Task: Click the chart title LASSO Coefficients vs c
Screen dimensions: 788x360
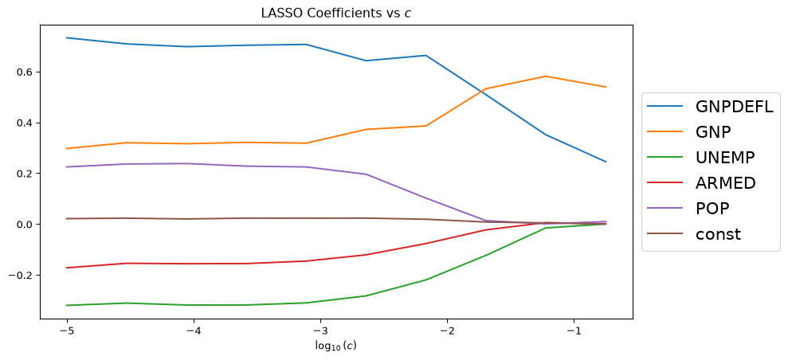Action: pos(336,14)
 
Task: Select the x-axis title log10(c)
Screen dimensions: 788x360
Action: pos(336,346)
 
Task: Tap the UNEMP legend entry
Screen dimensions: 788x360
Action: pos(701,157)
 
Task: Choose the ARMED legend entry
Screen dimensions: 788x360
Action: pos(702,182)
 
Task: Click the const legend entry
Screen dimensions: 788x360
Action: pos(694,234)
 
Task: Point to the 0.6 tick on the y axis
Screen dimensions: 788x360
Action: pos(26,72)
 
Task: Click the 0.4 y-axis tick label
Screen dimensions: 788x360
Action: pos(26,123)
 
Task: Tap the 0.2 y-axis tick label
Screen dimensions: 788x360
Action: pos(26,174)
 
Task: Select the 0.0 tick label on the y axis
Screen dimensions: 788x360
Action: pos(26,225)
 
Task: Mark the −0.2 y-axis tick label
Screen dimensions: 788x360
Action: pos(23,275)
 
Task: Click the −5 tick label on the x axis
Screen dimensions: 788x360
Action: pos(67,331)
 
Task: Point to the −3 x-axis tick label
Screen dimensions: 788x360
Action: pos(320,331)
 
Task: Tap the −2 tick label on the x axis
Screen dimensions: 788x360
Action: pos(447,331)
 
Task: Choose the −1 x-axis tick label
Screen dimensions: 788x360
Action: pos(574,331)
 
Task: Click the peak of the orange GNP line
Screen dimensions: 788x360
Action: pos(546,76)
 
